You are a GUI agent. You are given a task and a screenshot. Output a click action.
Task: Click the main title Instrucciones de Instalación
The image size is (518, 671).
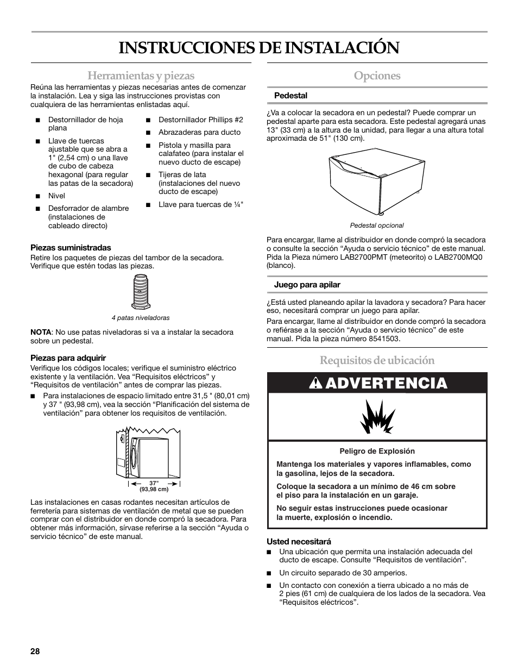pos(259,48)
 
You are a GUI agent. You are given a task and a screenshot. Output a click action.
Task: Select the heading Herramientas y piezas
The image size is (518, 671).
pos(140,76)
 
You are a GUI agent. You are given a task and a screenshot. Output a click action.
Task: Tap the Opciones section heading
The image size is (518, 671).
pos(377,76)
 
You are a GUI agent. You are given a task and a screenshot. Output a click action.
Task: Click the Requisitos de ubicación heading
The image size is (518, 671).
pos(377,360)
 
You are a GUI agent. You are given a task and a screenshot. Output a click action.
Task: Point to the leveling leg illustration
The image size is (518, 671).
pos(141,292)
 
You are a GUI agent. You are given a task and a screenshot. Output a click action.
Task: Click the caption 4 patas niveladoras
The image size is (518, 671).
pos(141,318)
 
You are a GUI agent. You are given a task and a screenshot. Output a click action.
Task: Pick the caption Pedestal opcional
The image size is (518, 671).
pos(377,225)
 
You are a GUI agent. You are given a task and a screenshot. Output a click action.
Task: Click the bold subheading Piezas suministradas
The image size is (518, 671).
pos(71,247)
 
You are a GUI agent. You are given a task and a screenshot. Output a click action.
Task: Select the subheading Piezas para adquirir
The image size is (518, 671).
pos(68,358)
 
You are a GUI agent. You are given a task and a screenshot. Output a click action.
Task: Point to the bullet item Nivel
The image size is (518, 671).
pos(56,196)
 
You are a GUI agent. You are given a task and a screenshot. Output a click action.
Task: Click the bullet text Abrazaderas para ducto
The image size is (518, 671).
pos(199,132)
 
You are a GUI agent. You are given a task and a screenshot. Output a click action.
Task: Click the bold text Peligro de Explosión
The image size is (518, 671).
pos(377,451)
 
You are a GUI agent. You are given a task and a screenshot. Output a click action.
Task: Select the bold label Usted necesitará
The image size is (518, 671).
pos(299,541)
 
